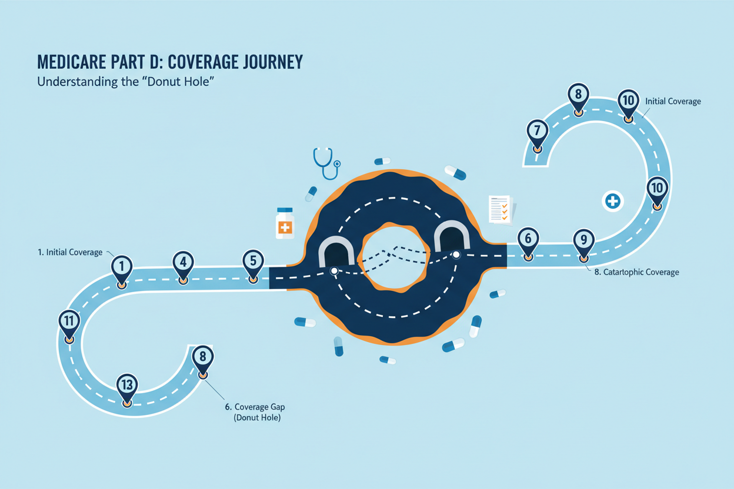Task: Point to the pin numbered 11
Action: [69, 322]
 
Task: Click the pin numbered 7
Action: [537, 131]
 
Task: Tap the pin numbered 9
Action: [583, 241]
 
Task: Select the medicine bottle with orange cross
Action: [285, 223]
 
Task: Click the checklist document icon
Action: [501, 209]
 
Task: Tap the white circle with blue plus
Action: [613, 202]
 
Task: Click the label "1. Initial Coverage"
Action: [69, 252]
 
